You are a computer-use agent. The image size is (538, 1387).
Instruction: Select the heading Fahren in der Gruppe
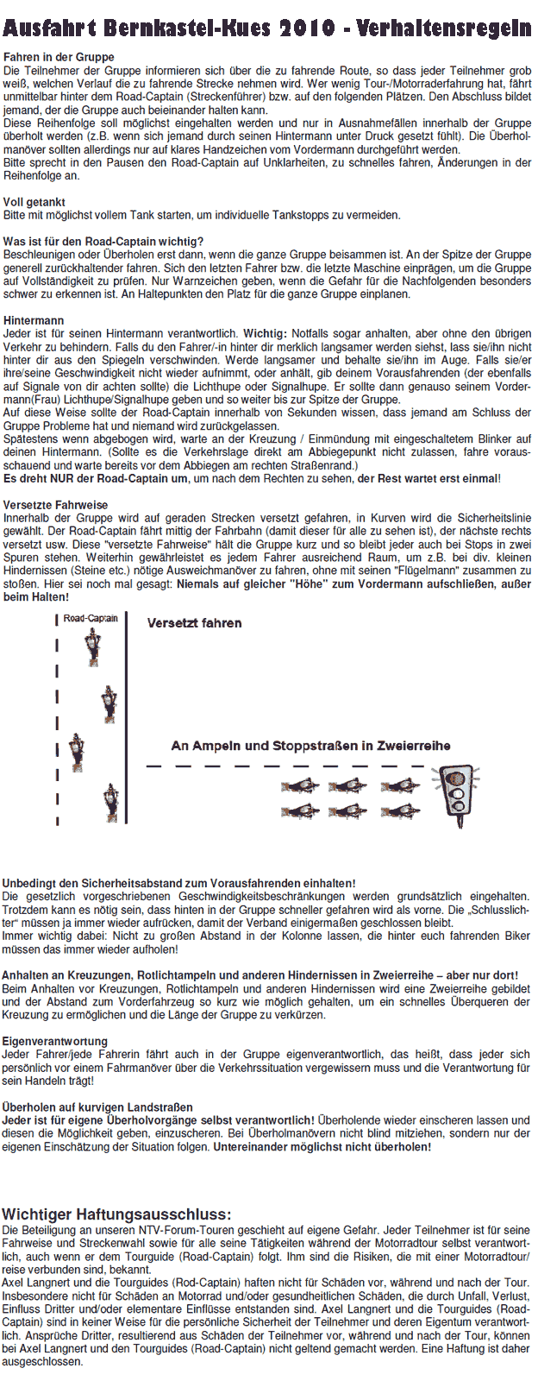[x=59, y=57]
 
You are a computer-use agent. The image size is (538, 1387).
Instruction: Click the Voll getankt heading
[x=34, y=202]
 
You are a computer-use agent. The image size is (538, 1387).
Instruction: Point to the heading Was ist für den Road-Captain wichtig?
[x=103, y=242]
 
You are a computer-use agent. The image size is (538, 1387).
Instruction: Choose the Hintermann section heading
[x=34, y=320]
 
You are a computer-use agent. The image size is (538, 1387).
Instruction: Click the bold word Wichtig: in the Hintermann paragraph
[x=265, y=333]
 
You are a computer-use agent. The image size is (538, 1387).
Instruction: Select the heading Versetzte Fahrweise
[x=56, y=505]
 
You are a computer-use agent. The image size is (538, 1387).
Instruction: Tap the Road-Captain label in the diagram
[x=91, y=618]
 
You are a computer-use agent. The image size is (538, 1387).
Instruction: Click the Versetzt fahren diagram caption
[x=194, y=622]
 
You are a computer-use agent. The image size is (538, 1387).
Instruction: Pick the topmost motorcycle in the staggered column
[x=93, y=646]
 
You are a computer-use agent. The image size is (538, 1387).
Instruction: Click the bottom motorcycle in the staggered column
[x=109, y=802]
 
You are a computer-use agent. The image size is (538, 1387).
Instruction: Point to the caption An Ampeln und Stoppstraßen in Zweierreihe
[x=310, y=746]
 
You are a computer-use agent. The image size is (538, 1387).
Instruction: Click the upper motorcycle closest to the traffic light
[x=400, y=785]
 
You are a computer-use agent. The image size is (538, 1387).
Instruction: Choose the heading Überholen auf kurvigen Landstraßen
[x=97, y=1106]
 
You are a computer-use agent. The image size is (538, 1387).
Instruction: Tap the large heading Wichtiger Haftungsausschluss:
[x=116, y=1214]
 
